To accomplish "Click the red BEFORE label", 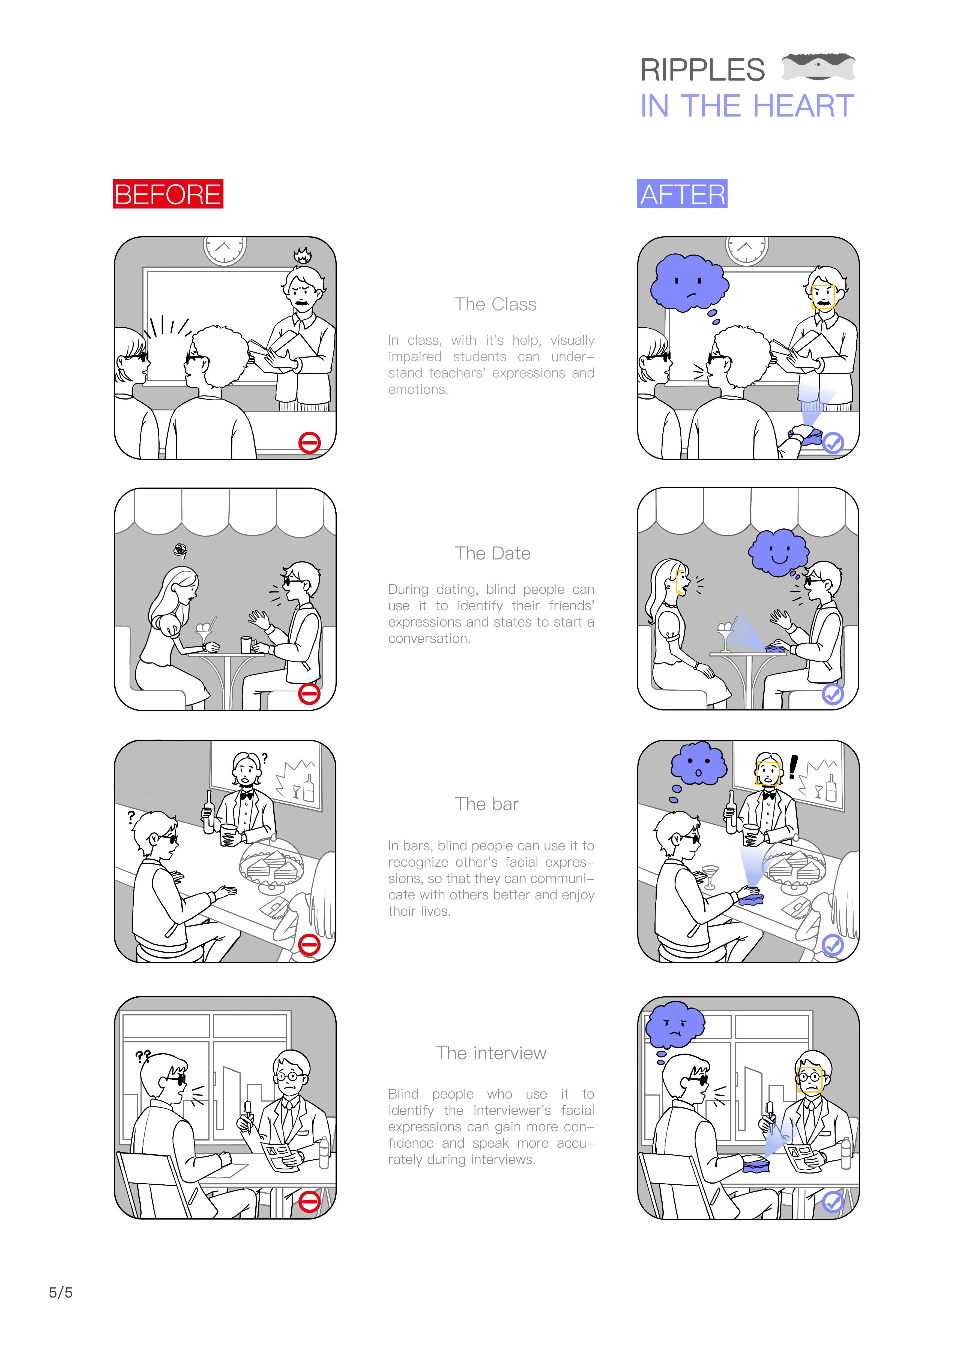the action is (x=168, y=194).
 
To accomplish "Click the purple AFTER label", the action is (x=682, y=194).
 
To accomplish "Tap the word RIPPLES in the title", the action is (x=702, y=70).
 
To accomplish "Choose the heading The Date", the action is (x=493, y=553).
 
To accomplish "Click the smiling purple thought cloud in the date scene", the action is (x=778, y=552).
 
